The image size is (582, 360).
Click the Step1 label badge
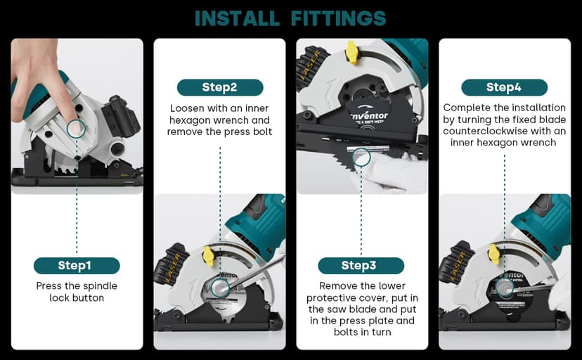click(x=77, y=265)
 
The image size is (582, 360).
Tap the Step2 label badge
click(x=219, y=87)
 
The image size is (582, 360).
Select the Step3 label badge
click(x=361, y=265)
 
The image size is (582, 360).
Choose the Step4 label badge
click(x=503, y=87)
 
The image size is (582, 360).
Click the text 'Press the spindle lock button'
click(x=77, y=292)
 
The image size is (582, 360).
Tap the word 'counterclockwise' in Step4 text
click(x=486, y=131)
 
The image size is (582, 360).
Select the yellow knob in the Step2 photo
click(x=209, y=255)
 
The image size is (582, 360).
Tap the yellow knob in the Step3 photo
click(x=351, y=50)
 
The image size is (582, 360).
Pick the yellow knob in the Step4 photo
click(x=493, y=255)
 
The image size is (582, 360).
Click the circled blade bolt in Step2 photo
click(x=220, y=288)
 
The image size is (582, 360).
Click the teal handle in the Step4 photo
click(x=541, y=221)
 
